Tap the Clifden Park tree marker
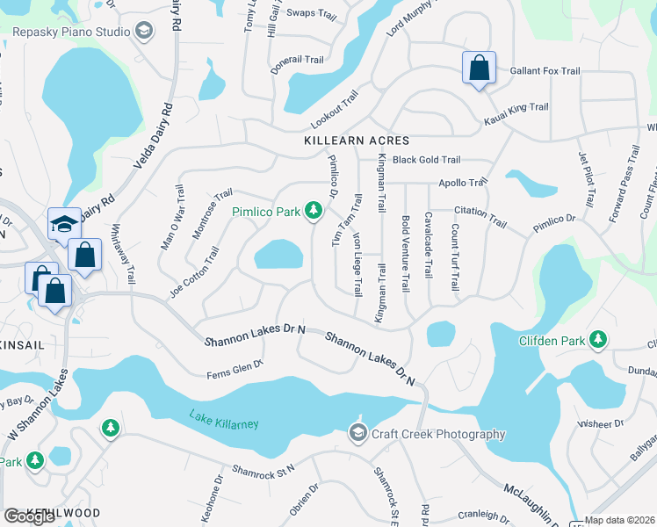coord(598,339)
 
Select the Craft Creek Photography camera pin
coord(357,433)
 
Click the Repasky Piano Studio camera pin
coord(142,32)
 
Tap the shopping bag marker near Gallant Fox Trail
coord(479,68)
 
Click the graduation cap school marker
coord(64,224)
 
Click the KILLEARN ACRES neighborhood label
coord(344,141)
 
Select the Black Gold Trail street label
coord(427,160)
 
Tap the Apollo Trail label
coord(463,183)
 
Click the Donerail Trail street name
coord(297,64)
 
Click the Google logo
coord(29,516)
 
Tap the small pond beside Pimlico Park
coord(279,255)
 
